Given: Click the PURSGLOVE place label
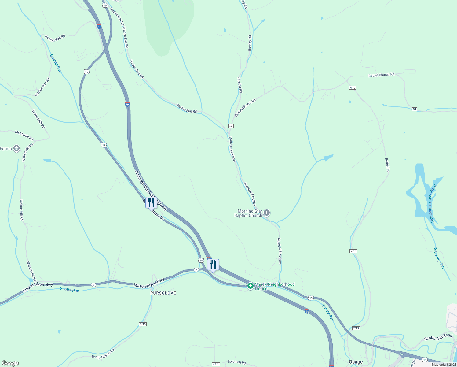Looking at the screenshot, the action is (163, 293).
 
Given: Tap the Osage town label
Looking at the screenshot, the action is (356, 362).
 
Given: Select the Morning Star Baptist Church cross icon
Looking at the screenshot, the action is (267, 213).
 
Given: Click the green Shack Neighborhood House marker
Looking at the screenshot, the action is (250, 286).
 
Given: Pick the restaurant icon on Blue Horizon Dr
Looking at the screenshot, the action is (151, 202).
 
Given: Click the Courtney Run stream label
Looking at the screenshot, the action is (439, 258).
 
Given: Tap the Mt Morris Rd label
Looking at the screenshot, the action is (24, 135).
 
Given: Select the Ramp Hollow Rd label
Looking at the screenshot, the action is (103, 354).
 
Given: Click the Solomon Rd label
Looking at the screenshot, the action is (237, 362).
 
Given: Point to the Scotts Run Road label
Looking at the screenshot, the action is (438, 337).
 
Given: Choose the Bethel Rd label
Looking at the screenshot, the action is (387, 165).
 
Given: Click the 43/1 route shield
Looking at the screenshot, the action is (216, 364).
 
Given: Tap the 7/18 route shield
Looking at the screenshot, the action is (142, 324).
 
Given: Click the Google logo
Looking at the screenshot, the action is (10, 363).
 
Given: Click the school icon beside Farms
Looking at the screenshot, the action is (16, 149).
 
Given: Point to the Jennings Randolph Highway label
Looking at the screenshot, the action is (151, 190).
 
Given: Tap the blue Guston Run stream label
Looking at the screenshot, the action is (56, 63).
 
